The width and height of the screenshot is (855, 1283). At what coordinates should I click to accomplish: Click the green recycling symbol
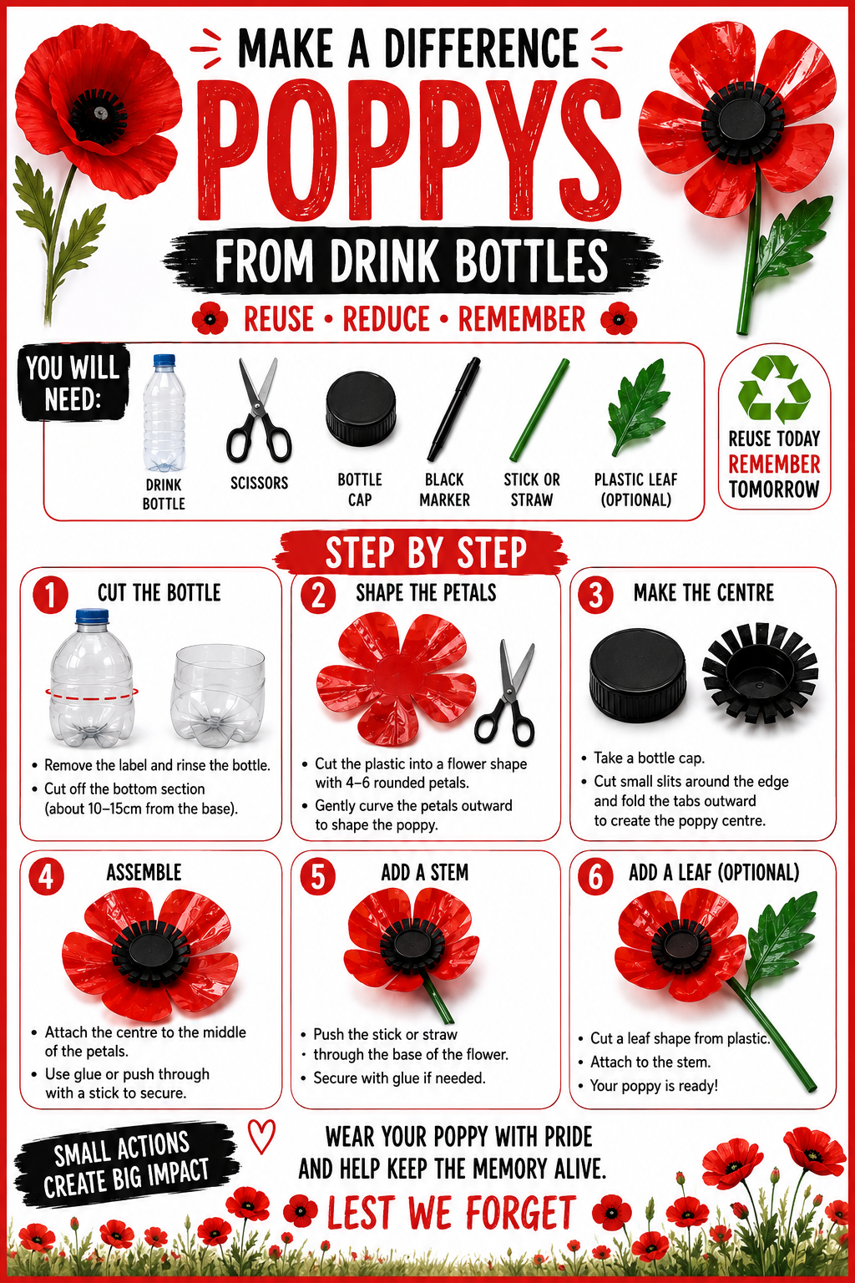tap(774, 389)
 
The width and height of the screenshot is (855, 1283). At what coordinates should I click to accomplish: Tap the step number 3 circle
tap(595, 595)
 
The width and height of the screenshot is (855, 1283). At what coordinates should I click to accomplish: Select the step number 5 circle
tap(317, 876)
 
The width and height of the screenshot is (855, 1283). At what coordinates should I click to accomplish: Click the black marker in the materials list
tap(453, 409)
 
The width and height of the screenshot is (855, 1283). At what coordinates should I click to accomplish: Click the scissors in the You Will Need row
tap(259, 410)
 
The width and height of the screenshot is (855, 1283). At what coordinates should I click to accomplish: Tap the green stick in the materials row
tap(539, 409)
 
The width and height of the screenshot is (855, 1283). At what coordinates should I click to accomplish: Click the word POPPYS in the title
tap(409, 150)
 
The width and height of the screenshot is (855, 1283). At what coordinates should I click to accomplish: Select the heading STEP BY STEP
tap(426, 552)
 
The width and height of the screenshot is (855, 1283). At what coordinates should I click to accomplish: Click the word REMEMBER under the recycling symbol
tap(774, 464)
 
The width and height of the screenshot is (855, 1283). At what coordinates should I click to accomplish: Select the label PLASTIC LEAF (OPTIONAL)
tap(635, 489)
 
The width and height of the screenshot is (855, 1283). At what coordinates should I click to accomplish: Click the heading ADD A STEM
tap(425, 872)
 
